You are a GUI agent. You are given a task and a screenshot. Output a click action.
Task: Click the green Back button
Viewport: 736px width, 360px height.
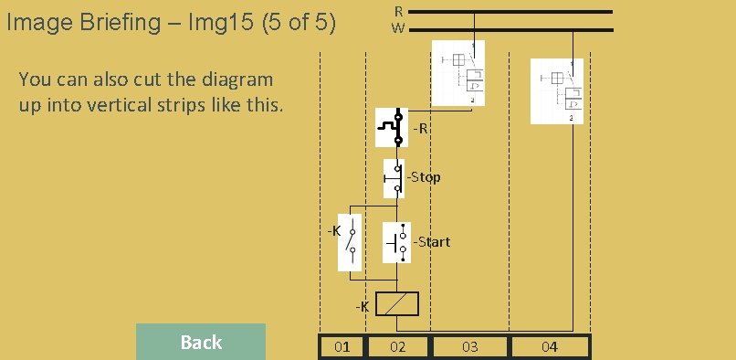pos(201,342)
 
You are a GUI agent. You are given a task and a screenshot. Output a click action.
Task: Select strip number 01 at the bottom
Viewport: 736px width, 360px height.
pos(342,347)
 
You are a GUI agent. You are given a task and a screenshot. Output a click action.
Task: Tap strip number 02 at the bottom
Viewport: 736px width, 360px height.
pos(397,347)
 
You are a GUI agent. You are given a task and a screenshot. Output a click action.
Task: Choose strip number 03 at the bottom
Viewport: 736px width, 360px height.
pos(470,347)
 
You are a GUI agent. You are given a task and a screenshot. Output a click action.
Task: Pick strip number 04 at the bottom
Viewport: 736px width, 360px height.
pos(550,347)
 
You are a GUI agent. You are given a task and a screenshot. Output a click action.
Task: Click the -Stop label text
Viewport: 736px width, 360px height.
pos(424,177)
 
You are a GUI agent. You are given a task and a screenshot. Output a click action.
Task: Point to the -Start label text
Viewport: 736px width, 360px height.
pos(431,242)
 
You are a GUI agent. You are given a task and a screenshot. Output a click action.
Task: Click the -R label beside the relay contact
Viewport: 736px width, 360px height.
pos(421,128)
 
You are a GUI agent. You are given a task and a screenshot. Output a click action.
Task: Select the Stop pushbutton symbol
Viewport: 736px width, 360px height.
pos(394,178)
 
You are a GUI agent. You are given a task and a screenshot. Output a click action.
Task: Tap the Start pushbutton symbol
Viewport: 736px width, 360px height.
pos(396,242)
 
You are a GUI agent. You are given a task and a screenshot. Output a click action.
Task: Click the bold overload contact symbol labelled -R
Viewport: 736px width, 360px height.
pos(392,127)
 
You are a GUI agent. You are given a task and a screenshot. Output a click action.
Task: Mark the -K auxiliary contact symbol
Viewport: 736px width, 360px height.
pos(350,242)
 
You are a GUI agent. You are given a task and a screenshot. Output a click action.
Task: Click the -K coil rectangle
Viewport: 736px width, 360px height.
pos(397,303)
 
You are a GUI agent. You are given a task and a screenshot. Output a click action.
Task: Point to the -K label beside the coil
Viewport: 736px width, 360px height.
pos(363,307)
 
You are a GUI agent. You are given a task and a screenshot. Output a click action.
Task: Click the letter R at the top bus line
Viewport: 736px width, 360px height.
pos(398,11)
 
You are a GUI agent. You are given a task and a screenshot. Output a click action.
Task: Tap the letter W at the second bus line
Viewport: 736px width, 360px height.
pos(398,28)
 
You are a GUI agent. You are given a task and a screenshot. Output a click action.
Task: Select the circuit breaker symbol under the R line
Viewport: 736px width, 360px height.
pos(458,73)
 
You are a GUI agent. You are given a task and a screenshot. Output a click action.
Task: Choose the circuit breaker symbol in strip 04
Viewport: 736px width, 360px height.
pos(557,91)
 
